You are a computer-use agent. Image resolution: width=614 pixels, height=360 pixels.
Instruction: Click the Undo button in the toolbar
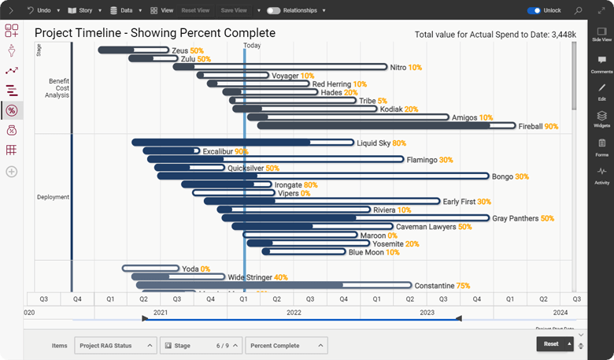click(x=40, y=10)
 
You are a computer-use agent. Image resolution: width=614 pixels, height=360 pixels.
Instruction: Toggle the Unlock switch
click(x=534, y=10)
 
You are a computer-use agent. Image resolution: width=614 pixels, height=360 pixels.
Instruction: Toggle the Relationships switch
click(x=274, y=10)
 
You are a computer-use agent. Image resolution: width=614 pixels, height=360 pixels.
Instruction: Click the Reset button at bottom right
click(x=552, y=344)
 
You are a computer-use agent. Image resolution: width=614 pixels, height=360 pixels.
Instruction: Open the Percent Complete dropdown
click(x=287, y=345)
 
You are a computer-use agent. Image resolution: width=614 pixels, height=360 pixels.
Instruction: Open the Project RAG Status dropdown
click(x=116, y=345)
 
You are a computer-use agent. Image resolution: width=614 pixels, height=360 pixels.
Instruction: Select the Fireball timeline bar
click(x=386, y=126)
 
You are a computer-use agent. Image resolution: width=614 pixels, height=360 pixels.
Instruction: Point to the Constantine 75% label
click(x=442, y=286)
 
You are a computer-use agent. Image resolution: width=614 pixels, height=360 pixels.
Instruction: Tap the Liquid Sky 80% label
click(x=381, y=143)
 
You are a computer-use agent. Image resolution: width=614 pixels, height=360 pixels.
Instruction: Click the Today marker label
click(x=252, y=46)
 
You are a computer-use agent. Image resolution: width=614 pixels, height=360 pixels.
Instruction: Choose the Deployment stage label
click(x=53, y=197)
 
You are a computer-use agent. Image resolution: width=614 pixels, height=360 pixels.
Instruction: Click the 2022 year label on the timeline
click(x=294, y=313)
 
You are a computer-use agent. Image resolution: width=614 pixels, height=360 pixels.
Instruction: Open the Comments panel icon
click(x=601, y=64)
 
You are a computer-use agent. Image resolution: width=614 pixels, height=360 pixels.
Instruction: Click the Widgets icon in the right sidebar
click(x=601, y=118)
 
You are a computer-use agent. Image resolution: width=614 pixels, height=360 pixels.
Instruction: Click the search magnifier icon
click(x=579, y=10)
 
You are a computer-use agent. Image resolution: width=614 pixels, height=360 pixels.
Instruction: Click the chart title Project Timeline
click(x=155, y=33)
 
